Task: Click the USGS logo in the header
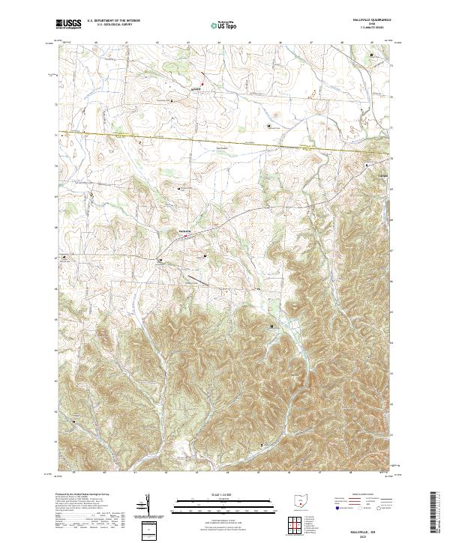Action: point(70,25)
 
